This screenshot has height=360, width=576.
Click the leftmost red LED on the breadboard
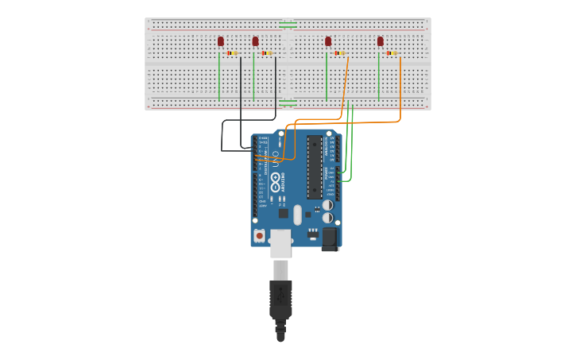pos(221,41)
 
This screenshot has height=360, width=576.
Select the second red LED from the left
pos(255,41)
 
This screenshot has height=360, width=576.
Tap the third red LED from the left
pos(328,41)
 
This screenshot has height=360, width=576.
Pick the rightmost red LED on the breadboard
pos(381,41)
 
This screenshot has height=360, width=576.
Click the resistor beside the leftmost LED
pos(232,53)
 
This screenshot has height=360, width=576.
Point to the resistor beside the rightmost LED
pos(392,53)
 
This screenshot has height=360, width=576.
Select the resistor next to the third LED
pos(339,53)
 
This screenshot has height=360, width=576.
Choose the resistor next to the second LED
pos(266,53)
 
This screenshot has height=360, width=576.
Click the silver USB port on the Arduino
pos(280,243)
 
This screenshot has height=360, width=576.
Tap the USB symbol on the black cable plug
pos(280,296)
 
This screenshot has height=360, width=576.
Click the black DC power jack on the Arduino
pos(331,238)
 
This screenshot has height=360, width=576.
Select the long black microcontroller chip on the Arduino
pos(315,167)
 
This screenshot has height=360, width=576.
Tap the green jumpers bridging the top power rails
pos(288,25)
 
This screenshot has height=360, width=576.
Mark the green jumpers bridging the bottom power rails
pos(288,102)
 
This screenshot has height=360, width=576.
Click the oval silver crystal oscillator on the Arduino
pos(297,215)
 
